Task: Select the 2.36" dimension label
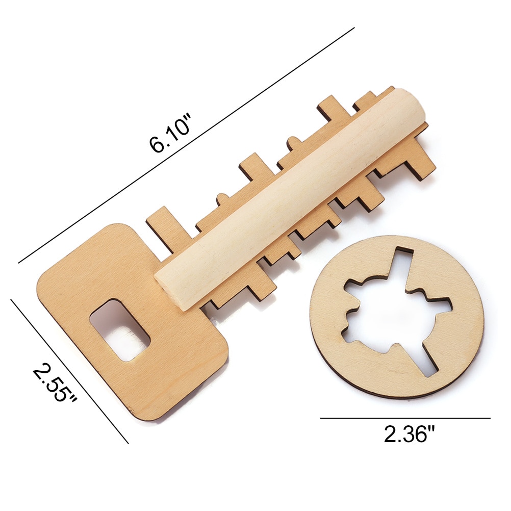coord(410,435)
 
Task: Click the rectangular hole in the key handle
coord(120,330)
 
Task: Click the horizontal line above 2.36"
coord(405,418)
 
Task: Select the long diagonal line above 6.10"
coord(186,145)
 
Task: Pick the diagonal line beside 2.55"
coord(69,371)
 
